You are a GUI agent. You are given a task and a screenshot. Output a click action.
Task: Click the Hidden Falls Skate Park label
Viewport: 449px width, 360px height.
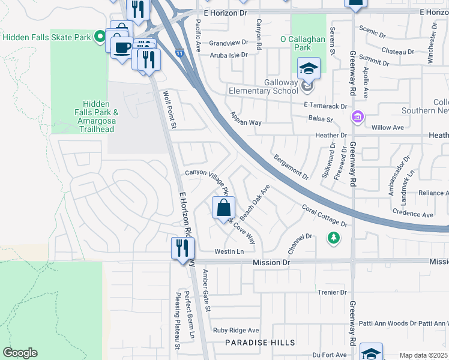point(47,37)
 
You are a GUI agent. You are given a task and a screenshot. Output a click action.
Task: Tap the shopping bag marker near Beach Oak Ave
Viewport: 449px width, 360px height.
point(223,209)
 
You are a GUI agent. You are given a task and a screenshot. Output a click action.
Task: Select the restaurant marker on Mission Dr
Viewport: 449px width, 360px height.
point(182,248)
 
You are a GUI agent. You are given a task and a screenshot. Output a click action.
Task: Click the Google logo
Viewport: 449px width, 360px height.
point(20,353)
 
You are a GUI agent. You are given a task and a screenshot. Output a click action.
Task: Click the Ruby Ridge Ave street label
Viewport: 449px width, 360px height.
point(236,330)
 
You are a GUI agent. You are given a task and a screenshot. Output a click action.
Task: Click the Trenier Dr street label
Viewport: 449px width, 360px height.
point(331,292)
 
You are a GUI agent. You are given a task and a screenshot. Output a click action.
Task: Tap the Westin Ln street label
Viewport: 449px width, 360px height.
point(229,251)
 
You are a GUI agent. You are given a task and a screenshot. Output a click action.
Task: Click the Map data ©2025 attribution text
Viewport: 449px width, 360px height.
point(423,355)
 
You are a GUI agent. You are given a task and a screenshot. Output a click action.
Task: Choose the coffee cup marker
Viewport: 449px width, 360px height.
point(122,47)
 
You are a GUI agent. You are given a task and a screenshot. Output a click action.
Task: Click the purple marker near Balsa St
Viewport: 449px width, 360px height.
point(358,116)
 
